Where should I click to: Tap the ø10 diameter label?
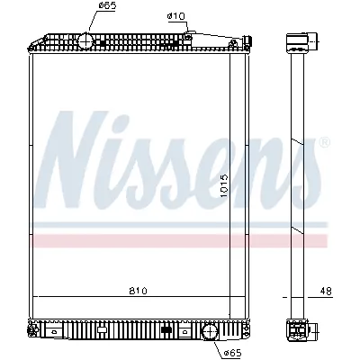pyautogui.click(x=175, y=16)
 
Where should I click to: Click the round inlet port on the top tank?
pyautogui.click(x=83, y=41)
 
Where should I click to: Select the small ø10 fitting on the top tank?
pyautogui.click(x=188, y=35)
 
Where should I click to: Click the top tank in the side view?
pyautogui.click(x=296, y=42)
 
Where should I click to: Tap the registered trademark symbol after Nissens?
pyautogui.click(x=325, y=142)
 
